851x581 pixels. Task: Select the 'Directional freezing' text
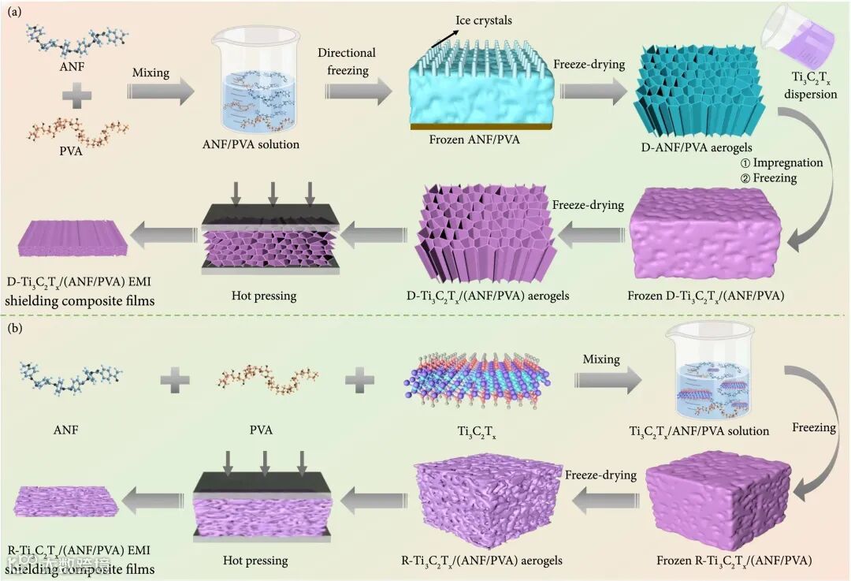point(347,62)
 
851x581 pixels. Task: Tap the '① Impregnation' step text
point(782,162)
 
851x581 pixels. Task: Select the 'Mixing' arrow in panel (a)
point(161,91)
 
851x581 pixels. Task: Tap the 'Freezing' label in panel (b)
point(813,428)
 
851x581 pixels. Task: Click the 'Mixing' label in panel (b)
point(601,359)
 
